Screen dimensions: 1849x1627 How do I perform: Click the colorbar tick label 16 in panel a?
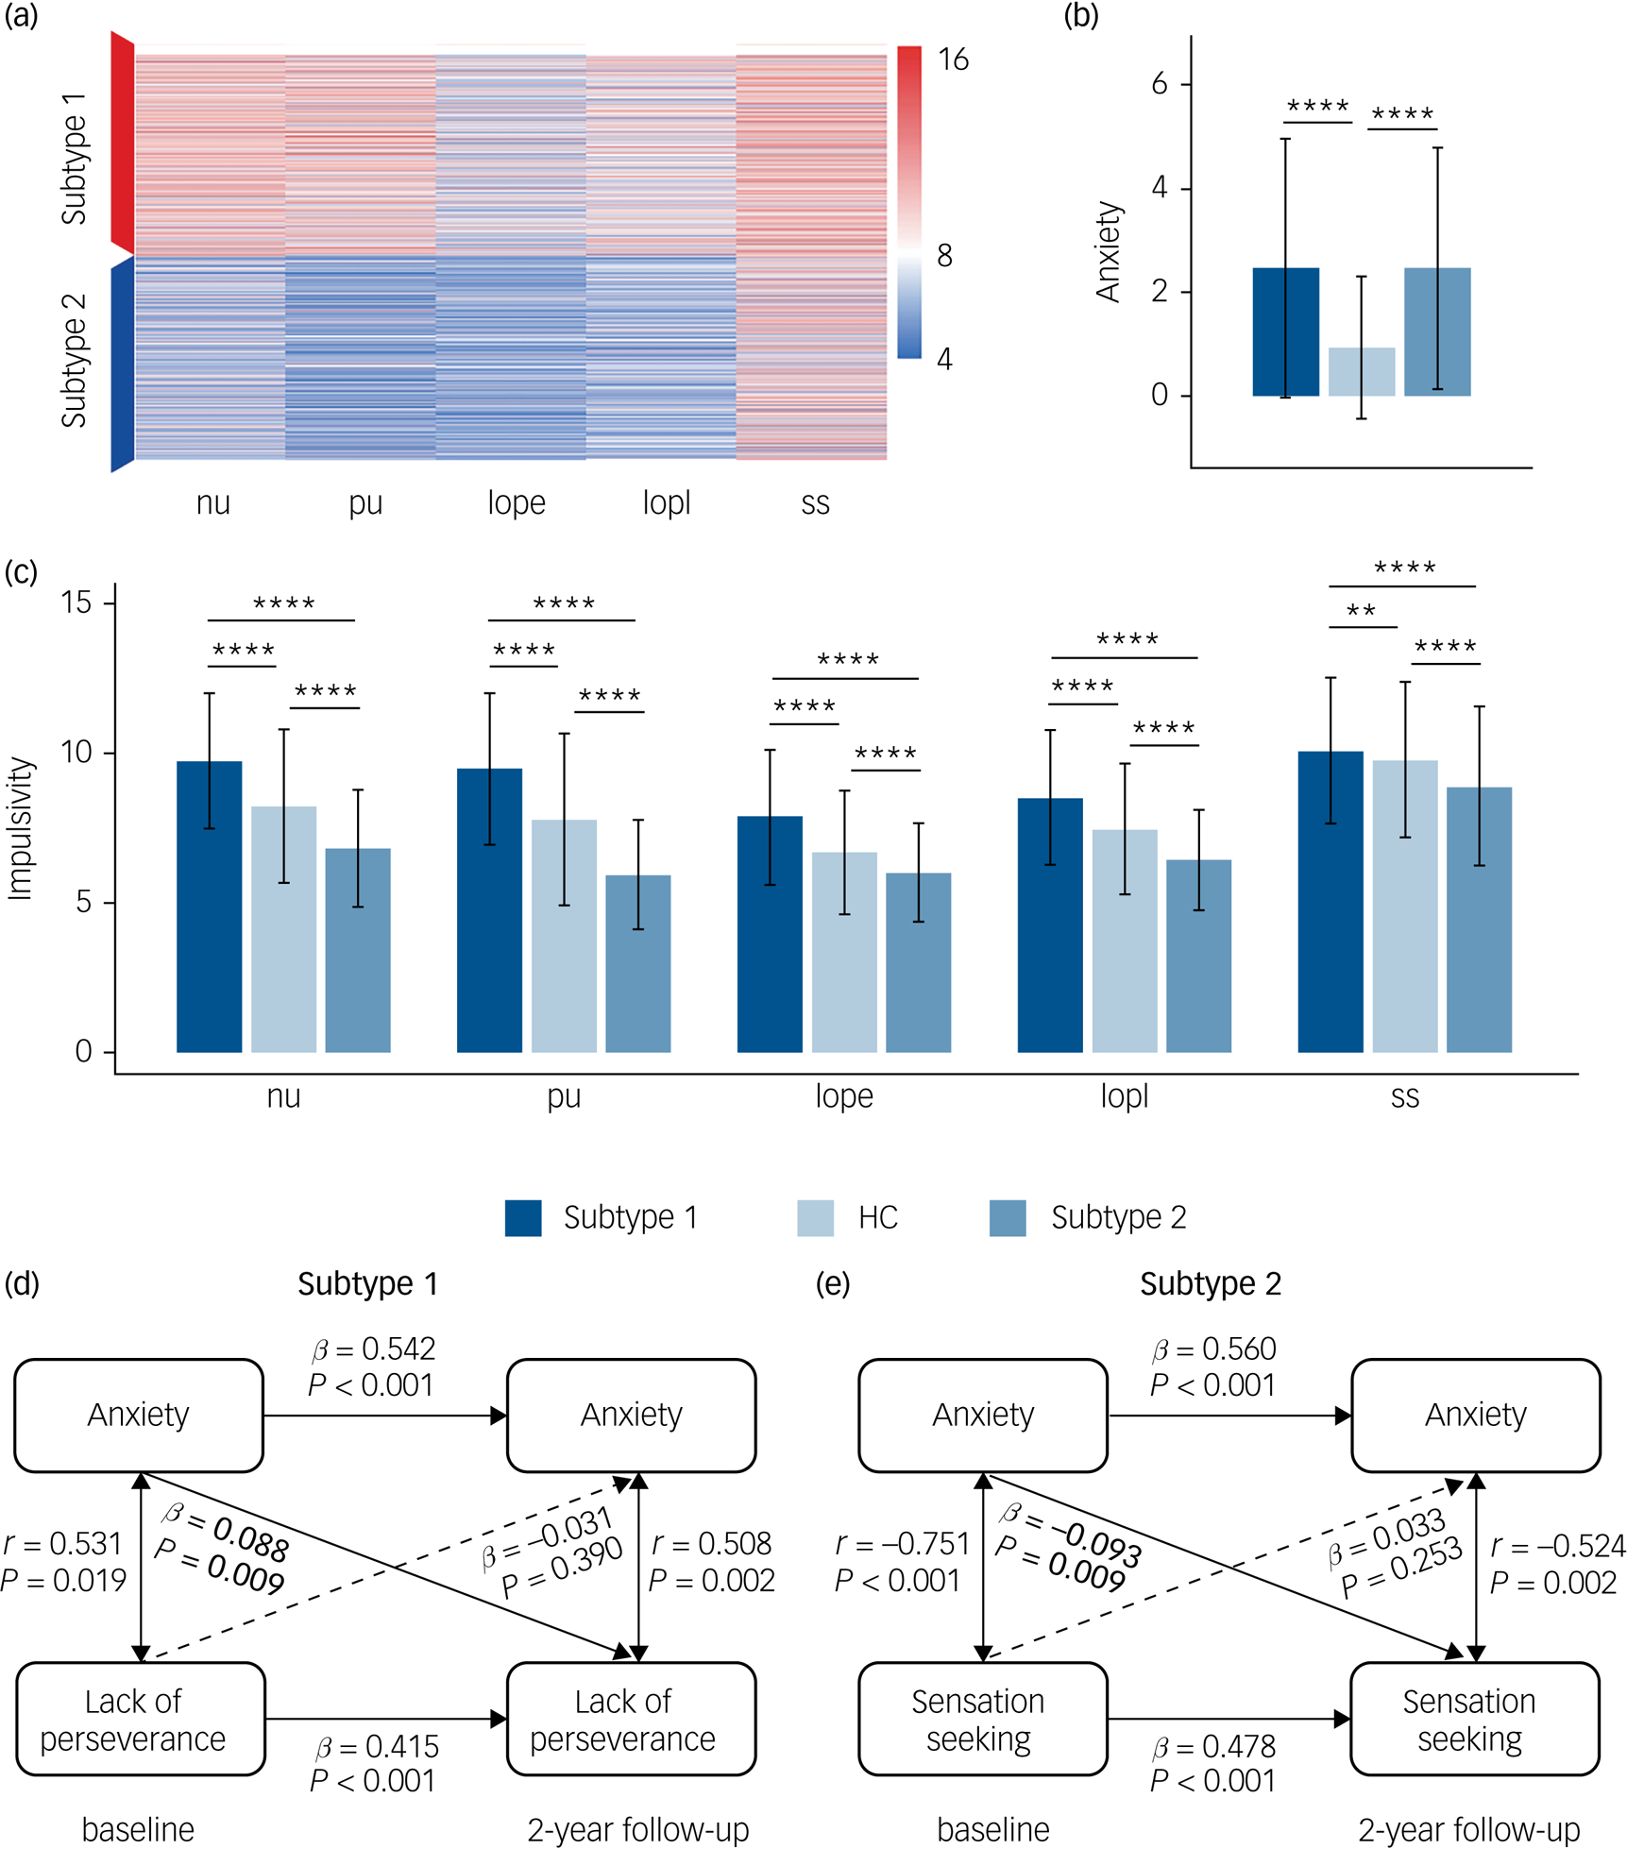tap(952, 59)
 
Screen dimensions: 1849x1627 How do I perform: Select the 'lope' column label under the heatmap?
tap(516, 502)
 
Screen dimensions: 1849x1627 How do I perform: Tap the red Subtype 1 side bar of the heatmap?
tap(122, 142)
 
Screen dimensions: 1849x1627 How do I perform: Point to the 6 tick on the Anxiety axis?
tap(1159, 84)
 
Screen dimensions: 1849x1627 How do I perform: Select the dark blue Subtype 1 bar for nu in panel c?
tap(209, 907)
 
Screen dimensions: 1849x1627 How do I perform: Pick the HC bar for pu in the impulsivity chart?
tap(564, 935)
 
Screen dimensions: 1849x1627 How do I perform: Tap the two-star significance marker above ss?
tap(1361, 612)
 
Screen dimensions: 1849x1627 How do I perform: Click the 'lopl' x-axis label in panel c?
tap(1124, 1096)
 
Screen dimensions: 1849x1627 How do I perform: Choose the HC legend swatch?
tap(815, 1218)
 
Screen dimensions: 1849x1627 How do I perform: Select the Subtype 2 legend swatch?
tap(1007, 1218)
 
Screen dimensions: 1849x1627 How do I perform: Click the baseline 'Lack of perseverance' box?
tap(140, 1719)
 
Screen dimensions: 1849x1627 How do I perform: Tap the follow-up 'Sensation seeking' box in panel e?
tap(1474, 1719)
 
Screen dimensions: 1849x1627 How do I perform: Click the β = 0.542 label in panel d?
tap(374, 1349)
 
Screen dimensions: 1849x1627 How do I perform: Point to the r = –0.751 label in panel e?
tap(903, 1544)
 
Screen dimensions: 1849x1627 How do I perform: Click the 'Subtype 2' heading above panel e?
tap(1210, 1284)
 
